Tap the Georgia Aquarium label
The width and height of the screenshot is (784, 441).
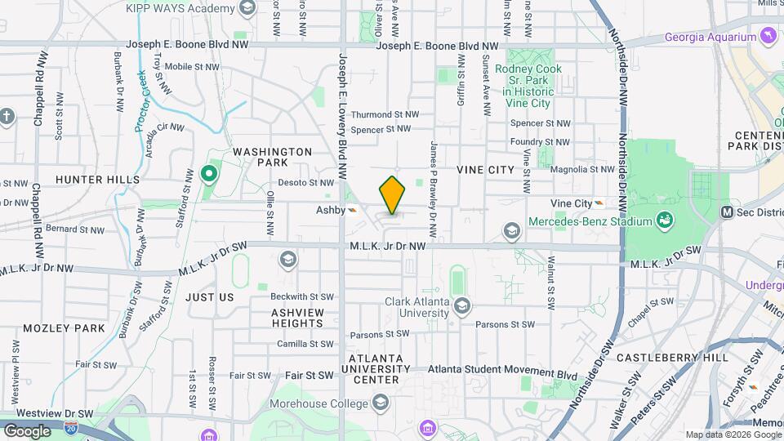click(710, 37)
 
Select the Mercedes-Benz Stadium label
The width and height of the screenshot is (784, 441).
click(590, 221)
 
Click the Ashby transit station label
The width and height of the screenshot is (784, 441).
click(331, 210)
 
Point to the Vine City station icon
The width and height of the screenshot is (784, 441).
click(600, 203)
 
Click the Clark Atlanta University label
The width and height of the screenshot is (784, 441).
click(417, 307)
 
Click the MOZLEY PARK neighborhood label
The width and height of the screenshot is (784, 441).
click(65, 328)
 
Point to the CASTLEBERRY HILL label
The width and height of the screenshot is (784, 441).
click(672, 358)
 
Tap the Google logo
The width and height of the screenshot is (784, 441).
click(27, 430)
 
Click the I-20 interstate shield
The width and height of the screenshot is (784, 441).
click(71, 427)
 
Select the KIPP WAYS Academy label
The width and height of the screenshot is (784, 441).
click(180, 8)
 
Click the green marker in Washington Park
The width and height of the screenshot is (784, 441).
click(208, 173)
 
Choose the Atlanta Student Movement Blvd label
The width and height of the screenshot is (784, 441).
click(502, 376)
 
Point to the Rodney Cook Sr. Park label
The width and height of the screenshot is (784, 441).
click(523, 80)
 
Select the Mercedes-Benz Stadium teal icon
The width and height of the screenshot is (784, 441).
click(665, 220)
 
